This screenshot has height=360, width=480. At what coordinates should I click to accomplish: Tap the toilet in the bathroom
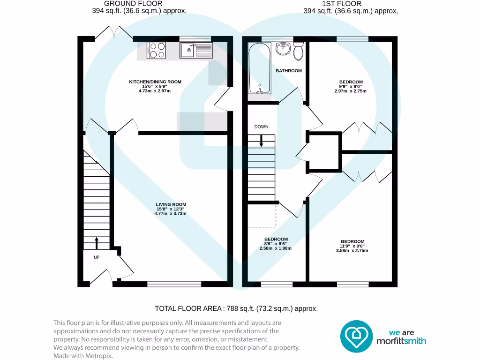tap(298, 51)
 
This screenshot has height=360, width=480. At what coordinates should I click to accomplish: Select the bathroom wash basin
tap(283, 48)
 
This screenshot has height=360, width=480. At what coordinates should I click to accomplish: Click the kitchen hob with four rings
tap(157, 50)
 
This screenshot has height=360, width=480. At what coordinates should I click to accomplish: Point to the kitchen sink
tap(196, 49)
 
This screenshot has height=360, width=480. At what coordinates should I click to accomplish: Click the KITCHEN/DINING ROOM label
tap(155, 82)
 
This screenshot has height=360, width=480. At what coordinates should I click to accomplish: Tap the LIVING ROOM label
tap(171, 204)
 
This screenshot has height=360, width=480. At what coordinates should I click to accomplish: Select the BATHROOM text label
tap(288, 71)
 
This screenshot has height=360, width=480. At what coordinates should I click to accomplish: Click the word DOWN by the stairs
tap(261, 127)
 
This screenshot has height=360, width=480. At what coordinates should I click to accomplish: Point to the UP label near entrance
tap(97, 257)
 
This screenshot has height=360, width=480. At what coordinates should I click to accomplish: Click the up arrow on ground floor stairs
tap(97, 243)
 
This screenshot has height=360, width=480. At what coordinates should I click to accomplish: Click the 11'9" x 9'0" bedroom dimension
tap(352, 246)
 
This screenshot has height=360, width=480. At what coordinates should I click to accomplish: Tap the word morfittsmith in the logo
tap(402, 341)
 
